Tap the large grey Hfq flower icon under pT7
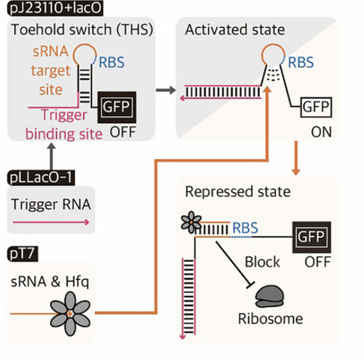[71, 312]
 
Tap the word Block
[261, 262]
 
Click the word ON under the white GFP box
[320, 132]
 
